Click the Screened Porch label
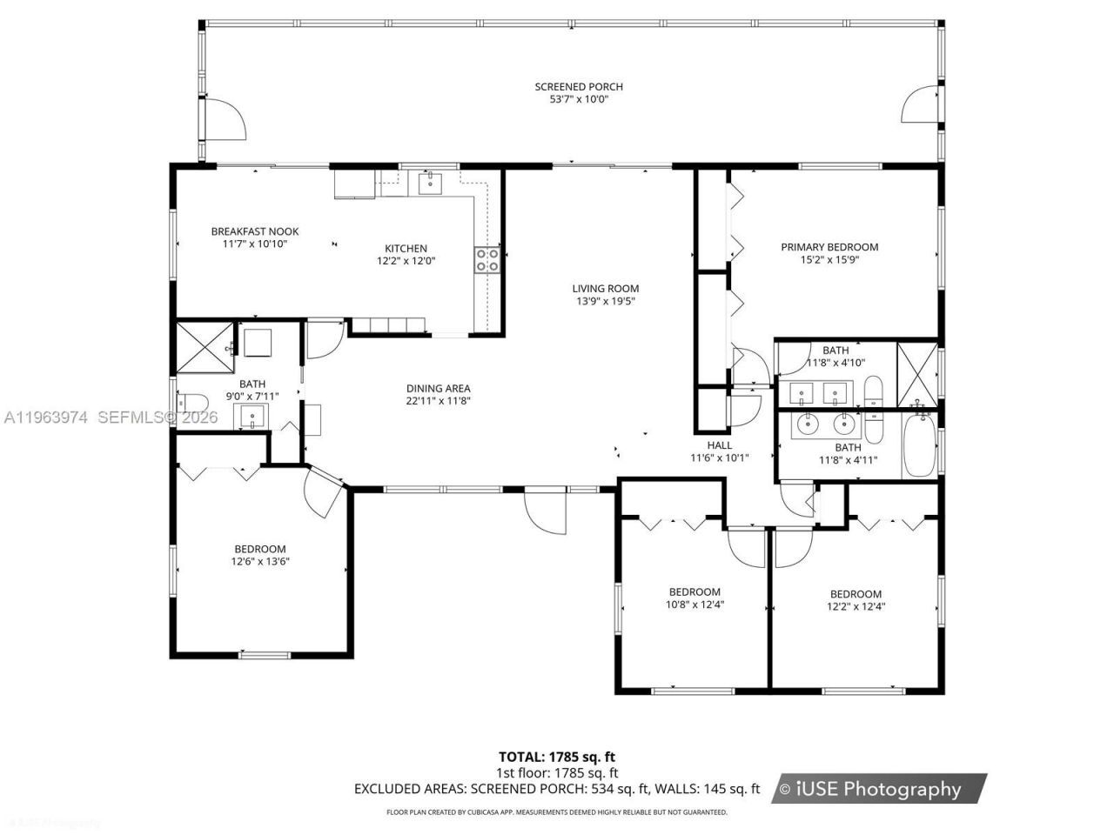pos(579,87)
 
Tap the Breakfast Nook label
pos(255,231)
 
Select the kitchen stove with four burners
pos(487,259)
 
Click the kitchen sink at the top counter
pos(431,184)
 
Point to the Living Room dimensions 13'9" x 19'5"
pos(606,301)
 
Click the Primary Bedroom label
pos(829,247)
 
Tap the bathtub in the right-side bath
pos(918,445)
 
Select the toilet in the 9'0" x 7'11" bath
pos(191,403)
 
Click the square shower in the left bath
pos(205,349)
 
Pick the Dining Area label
pos(439,389)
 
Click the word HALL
pos(719,445)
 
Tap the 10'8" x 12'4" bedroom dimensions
pos(695,605)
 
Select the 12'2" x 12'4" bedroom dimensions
pos(856,607)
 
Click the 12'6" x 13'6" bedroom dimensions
pos(260,562)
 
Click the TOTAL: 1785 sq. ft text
pos(557,757)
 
